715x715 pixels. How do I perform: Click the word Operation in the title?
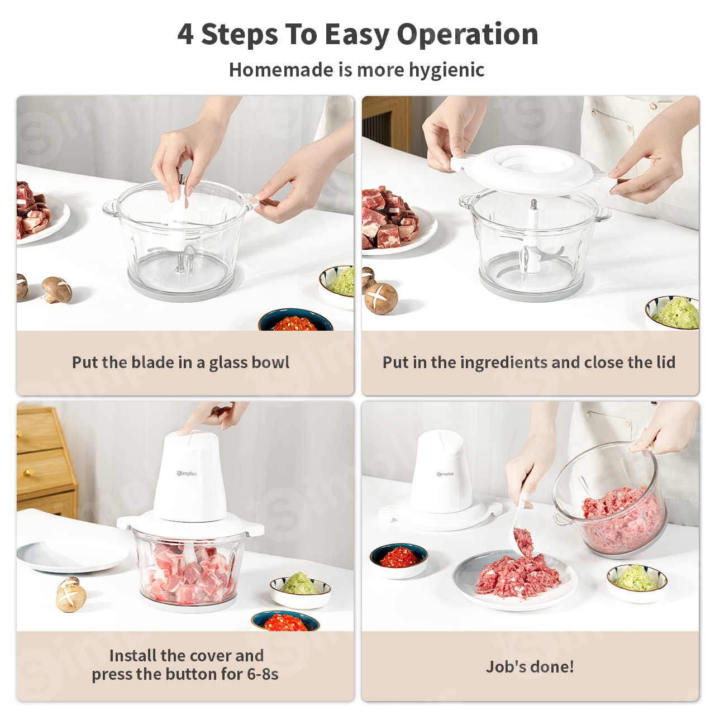click(x=467, y=35)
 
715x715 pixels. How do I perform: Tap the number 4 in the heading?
click(x=185, y=34)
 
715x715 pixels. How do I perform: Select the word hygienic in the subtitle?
click(x=446, y=70)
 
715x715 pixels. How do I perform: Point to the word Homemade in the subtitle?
click(x=281, y=69)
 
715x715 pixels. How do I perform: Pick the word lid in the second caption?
click(x=665, y=362)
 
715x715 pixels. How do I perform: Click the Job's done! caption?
click(x=530, y=666)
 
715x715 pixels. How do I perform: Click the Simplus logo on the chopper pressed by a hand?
click(x=187, y=474)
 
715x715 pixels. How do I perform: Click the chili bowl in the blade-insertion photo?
click(x=295, y=320)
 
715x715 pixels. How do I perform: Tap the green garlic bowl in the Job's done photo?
click(x=637, y=582)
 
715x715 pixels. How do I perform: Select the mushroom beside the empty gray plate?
click(x=70, y=595)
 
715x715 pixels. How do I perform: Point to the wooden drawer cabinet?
click(x=46, y=461)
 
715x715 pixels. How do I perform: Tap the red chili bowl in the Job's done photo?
click(x=398, y=560)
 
